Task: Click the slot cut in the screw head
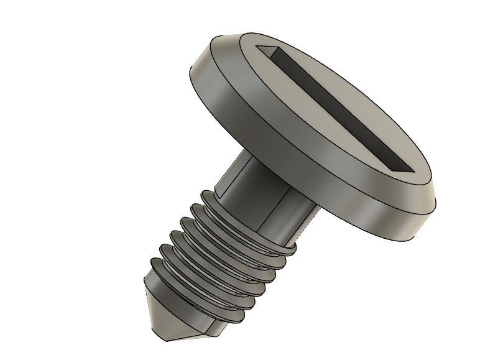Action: point(336,109)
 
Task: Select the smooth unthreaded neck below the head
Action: point(249,187)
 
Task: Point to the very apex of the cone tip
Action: point(167,339)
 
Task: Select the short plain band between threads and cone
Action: point(155,292)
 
